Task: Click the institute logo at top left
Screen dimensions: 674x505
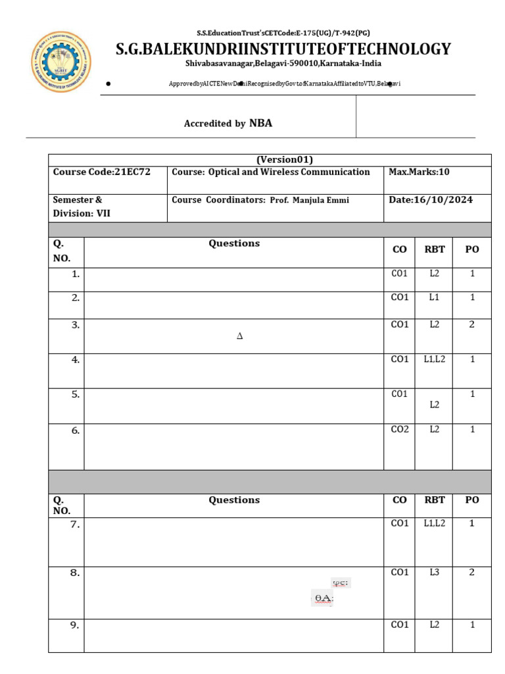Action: (x=62, y=63)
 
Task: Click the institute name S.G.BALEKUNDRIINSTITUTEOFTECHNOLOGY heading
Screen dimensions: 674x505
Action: (x=283, y=49)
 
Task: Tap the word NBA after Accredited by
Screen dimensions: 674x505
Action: (x=260, y=123)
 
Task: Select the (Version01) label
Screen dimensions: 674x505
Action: (x=284, y=160)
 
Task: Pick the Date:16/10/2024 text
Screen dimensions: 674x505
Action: (x=431, y=199)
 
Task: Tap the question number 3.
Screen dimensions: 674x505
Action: (x=76, y=324)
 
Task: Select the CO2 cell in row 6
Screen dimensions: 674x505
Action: (x=400, y=429)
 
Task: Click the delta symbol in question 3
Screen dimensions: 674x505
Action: (x=239, y=336)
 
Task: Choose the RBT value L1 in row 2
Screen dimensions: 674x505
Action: (x=434, y=298)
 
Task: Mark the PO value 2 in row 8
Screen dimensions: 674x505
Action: (x=471, y=573)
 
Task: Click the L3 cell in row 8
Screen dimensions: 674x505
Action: (x=434, y=573)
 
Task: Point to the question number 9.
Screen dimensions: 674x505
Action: (x=75, y=625)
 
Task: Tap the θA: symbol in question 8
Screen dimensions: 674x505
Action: (x=323, y=598)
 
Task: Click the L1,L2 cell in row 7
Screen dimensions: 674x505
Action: (x=434, y=523)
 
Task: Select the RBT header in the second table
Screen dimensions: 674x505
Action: (x=435, y=500)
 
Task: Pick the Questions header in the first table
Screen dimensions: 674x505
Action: (x=234, y=244)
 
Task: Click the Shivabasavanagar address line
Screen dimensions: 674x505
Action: (x=283, y=64)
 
